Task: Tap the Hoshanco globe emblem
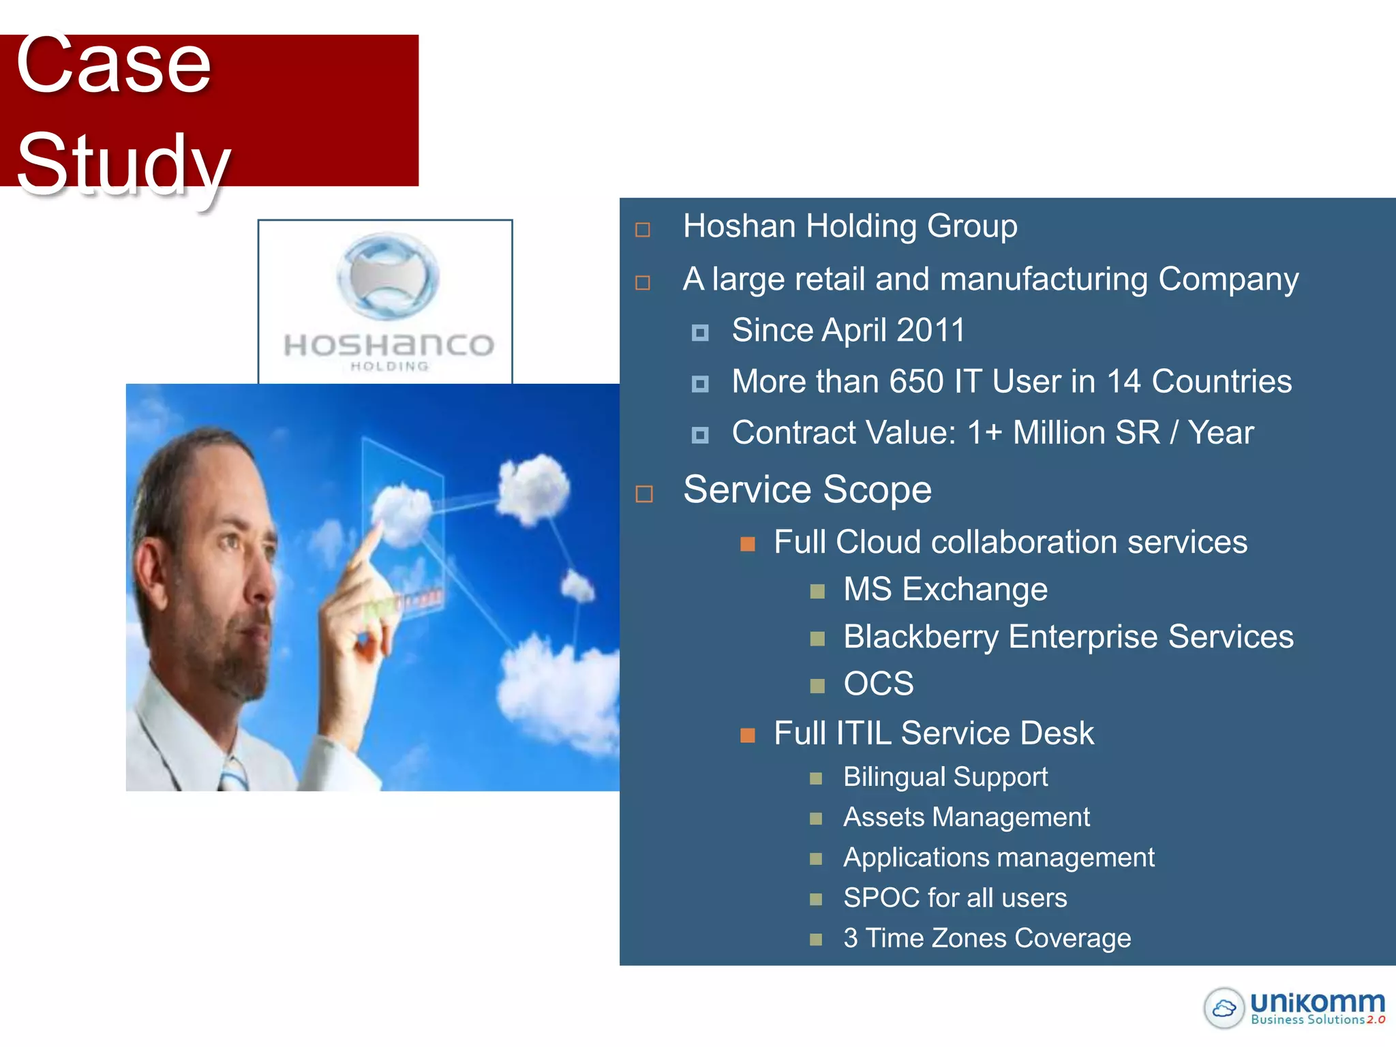point(387,276)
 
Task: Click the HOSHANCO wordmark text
point(389,345)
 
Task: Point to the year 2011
point(930,331)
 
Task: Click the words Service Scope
point(807,489)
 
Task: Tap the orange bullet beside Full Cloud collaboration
point(748,544)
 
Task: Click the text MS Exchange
point(945,589)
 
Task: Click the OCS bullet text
point(878,684)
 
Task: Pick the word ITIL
point(864,733)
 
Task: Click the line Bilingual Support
point(945,777)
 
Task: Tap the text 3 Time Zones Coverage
point(986,939)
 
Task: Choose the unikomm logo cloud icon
point(1224,1007)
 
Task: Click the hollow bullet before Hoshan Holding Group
point(643,230)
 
